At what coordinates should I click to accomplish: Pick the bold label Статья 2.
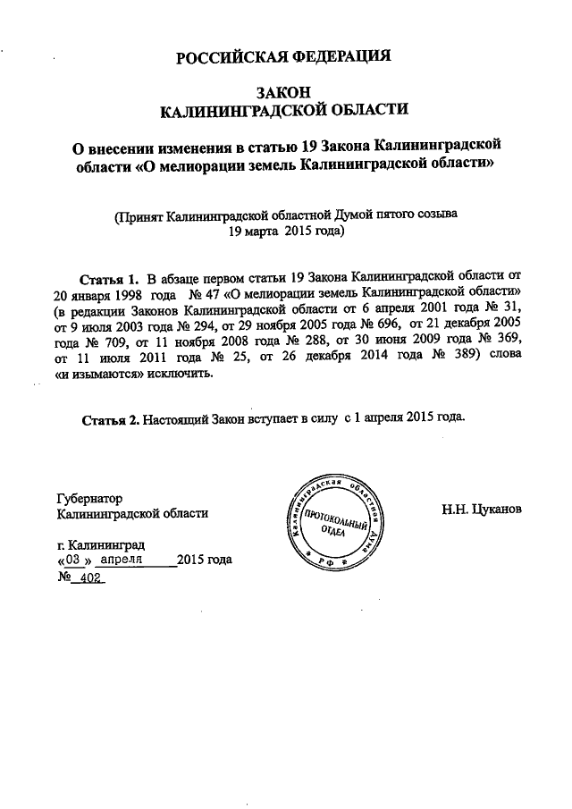109,417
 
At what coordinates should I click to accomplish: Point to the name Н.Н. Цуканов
481,511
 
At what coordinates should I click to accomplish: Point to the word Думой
356,215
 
